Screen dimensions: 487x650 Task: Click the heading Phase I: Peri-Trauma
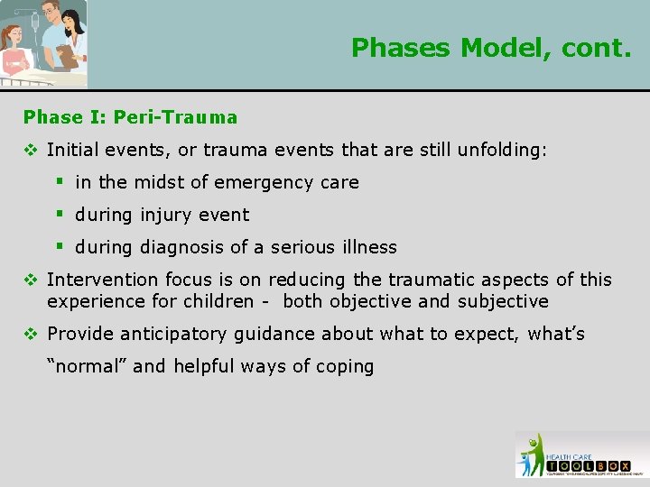131,117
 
